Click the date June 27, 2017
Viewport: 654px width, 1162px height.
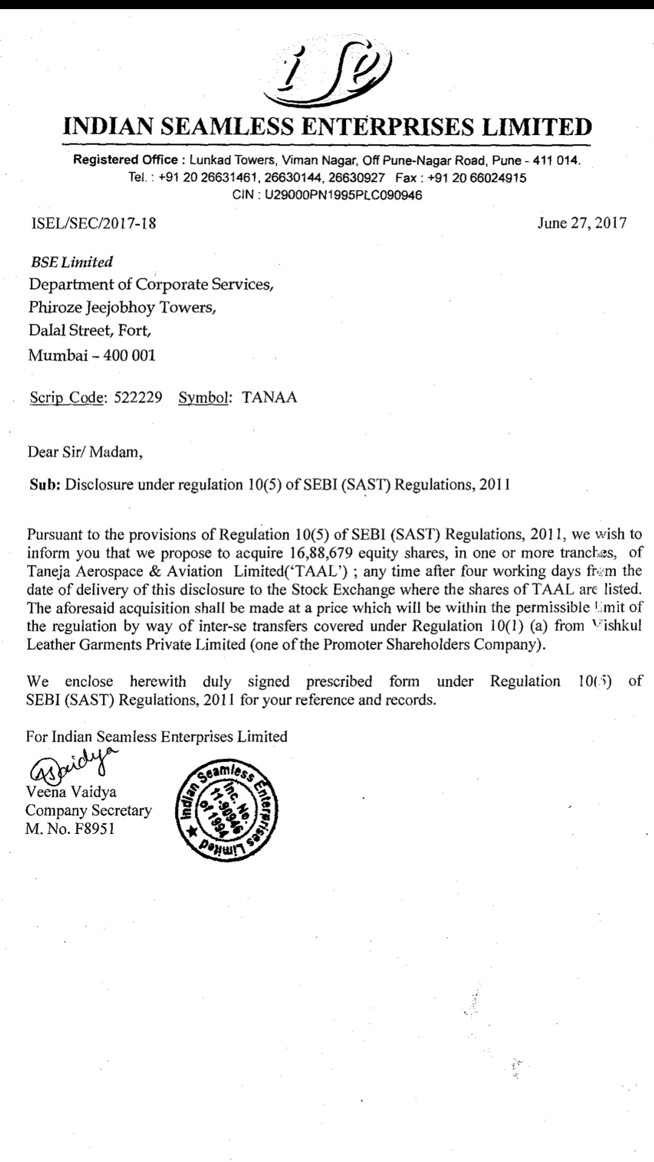[x=581, y=223]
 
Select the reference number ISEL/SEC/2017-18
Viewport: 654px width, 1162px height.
[x=93, y=223]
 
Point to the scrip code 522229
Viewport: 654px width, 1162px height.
[x=138, y=398]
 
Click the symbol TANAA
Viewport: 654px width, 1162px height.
[x=269, y=398]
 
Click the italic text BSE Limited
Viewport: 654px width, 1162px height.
[x=71, y=262]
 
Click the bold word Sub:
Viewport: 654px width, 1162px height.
[x=44, y=485]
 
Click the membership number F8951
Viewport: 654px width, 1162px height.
[x=94, y=829]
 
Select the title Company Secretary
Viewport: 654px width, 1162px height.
[x=88, y=810]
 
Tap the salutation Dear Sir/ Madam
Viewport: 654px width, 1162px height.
[x=85, y=451]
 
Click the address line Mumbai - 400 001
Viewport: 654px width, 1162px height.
[x=92, y=355]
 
